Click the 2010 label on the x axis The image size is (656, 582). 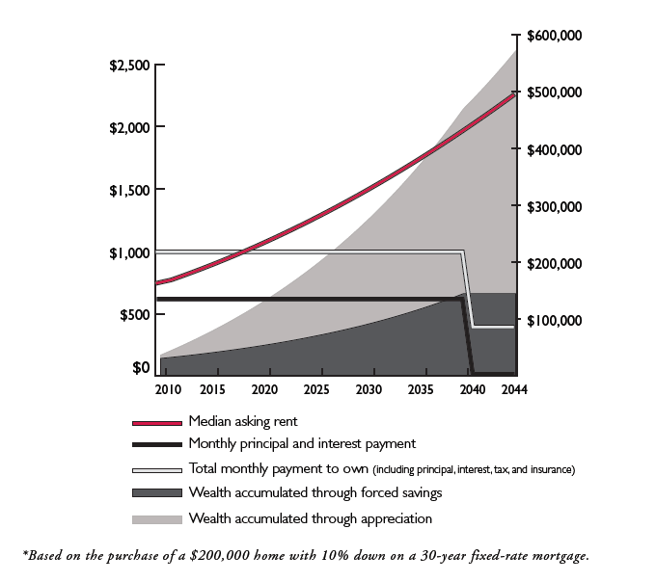tap(168, 388)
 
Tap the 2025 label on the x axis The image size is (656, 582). tap(315, 388)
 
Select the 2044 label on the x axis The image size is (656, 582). tap(512, 388)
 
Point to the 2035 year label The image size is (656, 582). tap(420, 388)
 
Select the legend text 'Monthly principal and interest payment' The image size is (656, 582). tap(302, 444)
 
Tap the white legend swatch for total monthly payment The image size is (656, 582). tap(157, 469)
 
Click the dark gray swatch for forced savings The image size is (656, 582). tap(157, 493)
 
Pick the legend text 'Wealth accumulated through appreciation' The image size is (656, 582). tap(311, 518)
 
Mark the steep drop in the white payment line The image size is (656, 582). tap(468, 289)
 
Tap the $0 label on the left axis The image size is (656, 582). tap(140, 368)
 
